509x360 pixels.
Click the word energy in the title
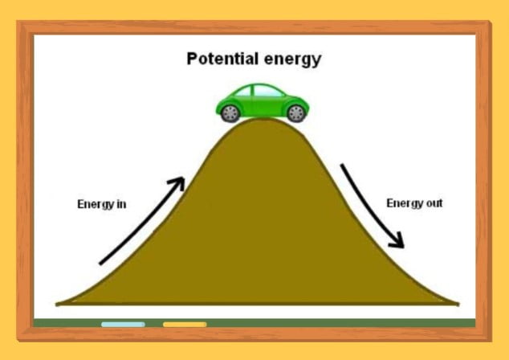coord(293,60)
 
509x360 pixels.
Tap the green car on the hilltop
coord(263,103)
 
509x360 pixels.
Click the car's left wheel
coord(230,113)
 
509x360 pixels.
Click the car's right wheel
coord(296,113)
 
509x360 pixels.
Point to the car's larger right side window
coord(267,92)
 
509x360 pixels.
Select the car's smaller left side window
coord(244,92)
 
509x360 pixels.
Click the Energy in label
coord(102,204)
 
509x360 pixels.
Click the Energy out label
coord(414,203)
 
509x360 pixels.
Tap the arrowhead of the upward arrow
coord(178,183)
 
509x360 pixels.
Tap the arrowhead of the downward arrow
coord(398,241)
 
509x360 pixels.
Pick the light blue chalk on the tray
coord(123,325)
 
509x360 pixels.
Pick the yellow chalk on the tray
coord(185,325)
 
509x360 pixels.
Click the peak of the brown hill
coord(263,119)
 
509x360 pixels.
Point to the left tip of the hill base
coord(56,304)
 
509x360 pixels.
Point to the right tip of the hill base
coord(458,304)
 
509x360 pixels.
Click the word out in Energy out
coord(434,203)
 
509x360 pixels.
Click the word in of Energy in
coord(121,204)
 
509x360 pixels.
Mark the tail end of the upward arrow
coord(100,264)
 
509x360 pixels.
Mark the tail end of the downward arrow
coord(342,165)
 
